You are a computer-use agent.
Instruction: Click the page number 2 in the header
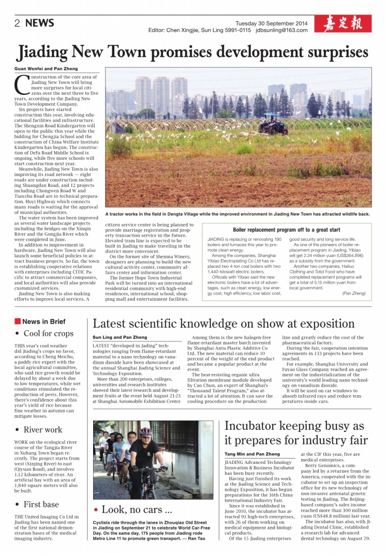[x=17, y=23]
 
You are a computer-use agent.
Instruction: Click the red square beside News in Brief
[x=17, y=321]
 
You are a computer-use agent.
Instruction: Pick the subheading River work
[x=43, y=430]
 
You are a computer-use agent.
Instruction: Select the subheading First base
[x=41, y=505]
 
